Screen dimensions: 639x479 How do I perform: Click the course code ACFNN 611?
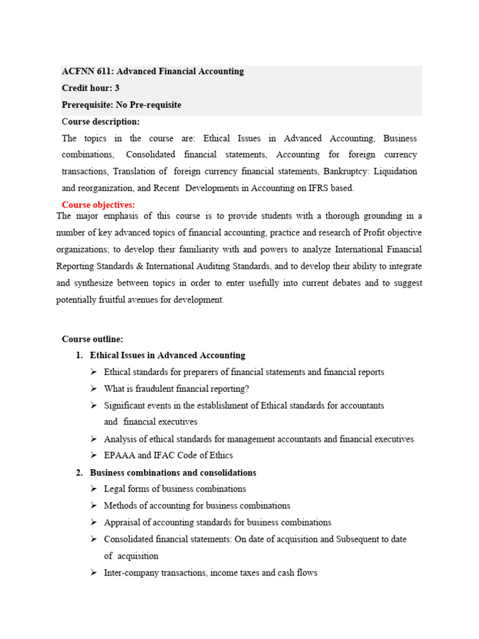84,71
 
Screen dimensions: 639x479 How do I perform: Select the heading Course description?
100,122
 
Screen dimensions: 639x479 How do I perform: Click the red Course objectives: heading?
98,205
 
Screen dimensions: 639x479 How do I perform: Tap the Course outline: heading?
92,339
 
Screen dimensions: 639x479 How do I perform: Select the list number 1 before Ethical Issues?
79,356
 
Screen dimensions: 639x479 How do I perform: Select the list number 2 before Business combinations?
79,473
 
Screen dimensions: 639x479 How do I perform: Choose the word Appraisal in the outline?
122,522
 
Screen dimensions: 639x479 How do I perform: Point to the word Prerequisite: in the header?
87,105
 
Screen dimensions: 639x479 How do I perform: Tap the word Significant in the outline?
125,406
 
